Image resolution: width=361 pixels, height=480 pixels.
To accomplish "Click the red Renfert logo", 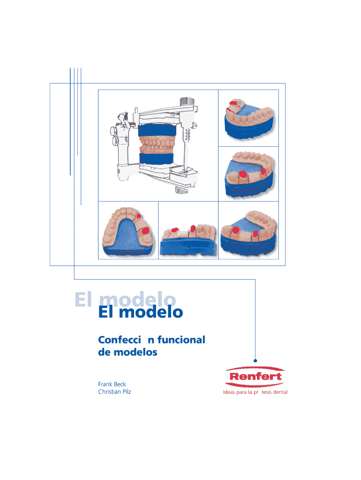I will (255, 376).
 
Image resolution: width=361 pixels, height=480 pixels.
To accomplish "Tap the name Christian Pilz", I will (114, 392).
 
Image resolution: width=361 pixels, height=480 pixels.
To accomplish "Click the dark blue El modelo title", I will (140, 312).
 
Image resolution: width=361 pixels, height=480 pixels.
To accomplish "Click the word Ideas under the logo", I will (230, 392).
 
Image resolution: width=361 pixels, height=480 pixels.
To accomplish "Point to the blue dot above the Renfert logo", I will (255, 360).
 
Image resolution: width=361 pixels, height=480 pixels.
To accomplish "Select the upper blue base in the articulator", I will (157, 131).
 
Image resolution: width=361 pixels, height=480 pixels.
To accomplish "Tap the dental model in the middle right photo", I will (248, 174).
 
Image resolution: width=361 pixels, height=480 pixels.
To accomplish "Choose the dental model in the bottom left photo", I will (128, 232).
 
